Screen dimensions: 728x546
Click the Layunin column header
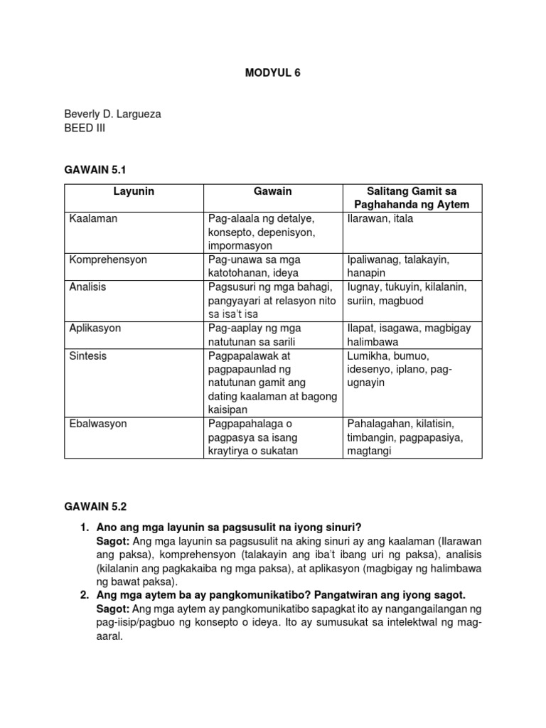coord(134,192)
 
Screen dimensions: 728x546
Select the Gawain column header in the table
coord(273,192)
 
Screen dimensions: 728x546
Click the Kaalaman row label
coord(93,219)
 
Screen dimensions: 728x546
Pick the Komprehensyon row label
coord(108,259)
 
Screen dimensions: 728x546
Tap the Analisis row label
coord(88,287)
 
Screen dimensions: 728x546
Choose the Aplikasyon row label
coord(95,328)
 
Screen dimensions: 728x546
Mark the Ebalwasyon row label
coord(98,424)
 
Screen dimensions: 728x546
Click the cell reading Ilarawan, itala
coord(380,219)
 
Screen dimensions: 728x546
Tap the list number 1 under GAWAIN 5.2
coord(84,528)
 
